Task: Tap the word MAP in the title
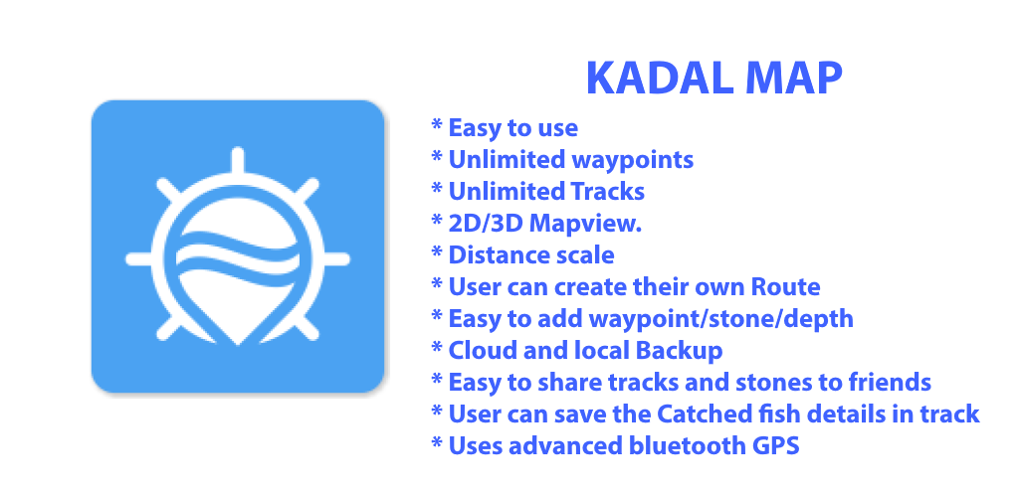point(789,80)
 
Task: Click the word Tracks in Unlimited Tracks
point(608,192)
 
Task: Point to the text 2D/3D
point(485,224)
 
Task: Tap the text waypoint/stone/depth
point(720,319)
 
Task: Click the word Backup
point(679,351)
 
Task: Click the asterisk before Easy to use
point(437,124)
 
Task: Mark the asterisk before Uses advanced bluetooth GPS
point(437,442)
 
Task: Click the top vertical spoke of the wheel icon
point(237,161)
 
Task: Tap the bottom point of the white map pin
point(238,344)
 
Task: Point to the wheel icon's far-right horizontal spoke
point(336,259)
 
